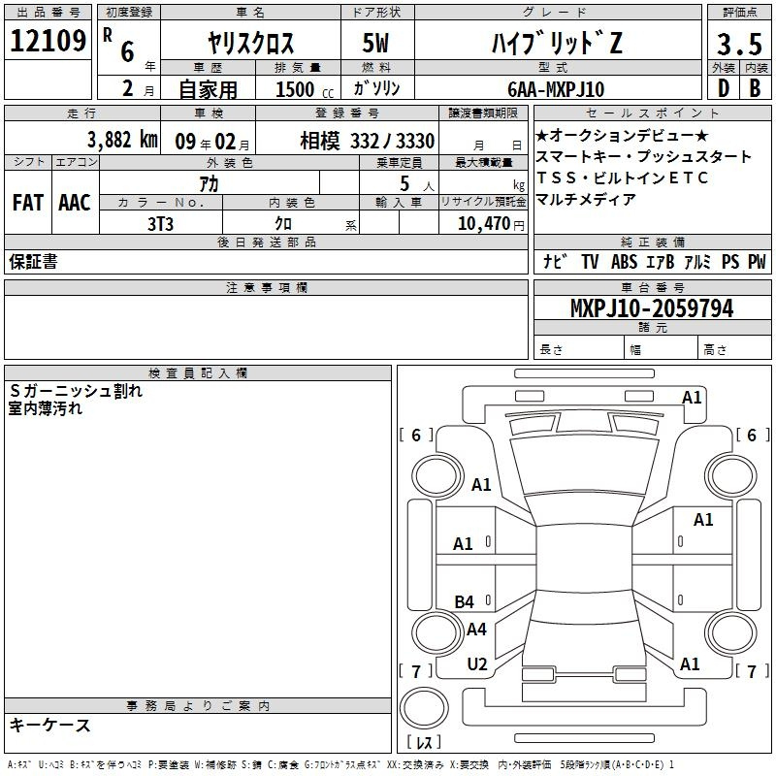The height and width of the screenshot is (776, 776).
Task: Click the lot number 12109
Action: pyautogui.click(x=48, y=41)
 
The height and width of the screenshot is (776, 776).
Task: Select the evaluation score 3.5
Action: pyautogui.click(x=739, y=44)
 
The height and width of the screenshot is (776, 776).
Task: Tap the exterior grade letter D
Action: pyautogui.click(x=724, y=88)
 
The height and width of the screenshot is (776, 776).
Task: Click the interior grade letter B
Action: pyautogui.click(x=755, y=88)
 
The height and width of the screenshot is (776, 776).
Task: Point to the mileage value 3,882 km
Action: pyautogui.click(x=122, y=140)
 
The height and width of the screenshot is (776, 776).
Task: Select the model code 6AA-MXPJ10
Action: pyautogui.click(x=556, y=89)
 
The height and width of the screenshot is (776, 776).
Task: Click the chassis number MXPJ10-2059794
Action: pyautogui.click(x=652, y=308)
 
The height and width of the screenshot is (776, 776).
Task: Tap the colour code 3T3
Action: pyautogui.click(x=160, y=224)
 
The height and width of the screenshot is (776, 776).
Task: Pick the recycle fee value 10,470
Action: pyautogui.click(x=483, y=223)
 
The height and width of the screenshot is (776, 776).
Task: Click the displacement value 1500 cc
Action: pyautogui.click(x=305, y=89)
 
